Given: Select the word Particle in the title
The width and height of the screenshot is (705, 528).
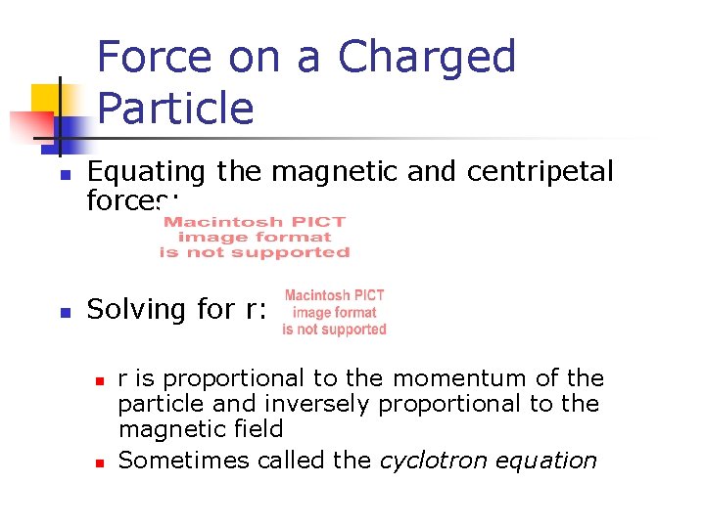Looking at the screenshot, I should [175, 108].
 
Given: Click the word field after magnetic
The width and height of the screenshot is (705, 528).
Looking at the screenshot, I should [258, 429].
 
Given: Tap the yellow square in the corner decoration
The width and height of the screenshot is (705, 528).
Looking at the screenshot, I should [46, 99].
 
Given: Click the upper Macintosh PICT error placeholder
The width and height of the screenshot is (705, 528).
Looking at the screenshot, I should [255, 238].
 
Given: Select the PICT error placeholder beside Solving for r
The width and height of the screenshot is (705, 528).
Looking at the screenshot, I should [334, 312].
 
